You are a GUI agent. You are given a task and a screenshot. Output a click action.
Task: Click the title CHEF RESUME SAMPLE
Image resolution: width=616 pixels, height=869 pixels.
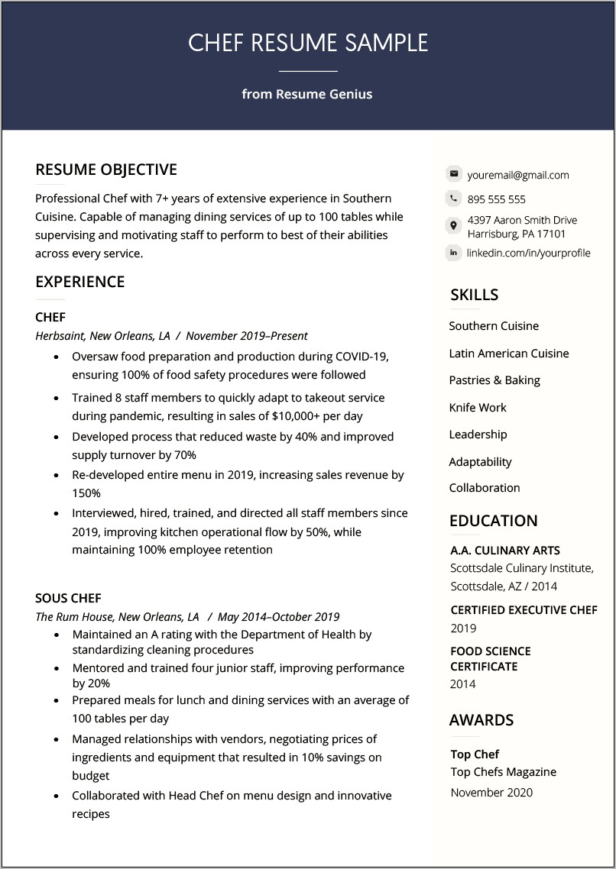click(x=308, y=43)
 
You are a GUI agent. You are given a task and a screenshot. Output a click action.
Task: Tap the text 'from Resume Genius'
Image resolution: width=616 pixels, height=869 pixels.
click(x=307, y=94)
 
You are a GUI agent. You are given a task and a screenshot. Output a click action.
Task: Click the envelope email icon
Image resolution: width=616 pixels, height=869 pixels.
click(x=454, y=174)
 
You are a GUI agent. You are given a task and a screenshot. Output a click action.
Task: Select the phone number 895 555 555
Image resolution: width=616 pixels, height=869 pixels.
click(x=496, y=199)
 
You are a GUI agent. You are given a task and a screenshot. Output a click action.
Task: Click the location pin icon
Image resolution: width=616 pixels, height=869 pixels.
click(x=454, y=226)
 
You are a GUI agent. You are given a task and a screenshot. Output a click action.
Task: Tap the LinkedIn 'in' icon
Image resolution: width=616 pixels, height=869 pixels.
click(x=454, y=252)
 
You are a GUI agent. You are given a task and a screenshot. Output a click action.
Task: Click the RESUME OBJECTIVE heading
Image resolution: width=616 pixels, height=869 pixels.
click(x=106, y=170)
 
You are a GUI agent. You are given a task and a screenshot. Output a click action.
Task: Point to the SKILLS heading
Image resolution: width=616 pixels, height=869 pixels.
click(x=474, y=295)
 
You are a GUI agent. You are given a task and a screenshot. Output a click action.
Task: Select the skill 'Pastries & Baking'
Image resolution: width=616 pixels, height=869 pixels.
click(x=494, y=380)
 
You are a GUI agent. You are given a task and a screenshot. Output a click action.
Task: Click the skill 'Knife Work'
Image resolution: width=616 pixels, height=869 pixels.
click(x=478, y=407)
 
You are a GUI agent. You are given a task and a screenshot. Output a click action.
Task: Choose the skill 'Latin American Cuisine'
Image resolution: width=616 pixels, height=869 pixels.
click(x=508, y=353)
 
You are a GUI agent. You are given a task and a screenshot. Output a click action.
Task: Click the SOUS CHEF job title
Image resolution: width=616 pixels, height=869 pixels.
click(x=68, y=598)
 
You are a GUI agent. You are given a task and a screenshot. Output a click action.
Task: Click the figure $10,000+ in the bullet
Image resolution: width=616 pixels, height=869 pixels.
click(x=297, y=416)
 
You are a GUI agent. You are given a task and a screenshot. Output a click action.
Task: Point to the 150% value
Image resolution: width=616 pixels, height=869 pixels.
click(x=86, y=493)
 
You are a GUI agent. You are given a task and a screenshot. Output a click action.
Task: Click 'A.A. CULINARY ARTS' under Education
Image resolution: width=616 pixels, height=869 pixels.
click(x=505, y=550)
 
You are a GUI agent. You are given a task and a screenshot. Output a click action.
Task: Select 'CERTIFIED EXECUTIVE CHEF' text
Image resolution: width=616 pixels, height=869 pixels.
click(x=524, y=610)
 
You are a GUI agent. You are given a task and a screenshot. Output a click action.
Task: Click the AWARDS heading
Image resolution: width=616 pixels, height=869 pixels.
click(x=481, y=720)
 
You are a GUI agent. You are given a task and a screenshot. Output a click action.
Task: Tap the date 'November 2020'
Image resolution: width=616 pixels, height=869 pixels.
click(x=491, y=792)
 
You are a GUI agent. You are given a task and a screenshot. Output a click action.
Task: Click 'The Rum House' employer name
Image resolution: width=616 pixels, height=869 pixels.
click(x=74, y=616)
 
